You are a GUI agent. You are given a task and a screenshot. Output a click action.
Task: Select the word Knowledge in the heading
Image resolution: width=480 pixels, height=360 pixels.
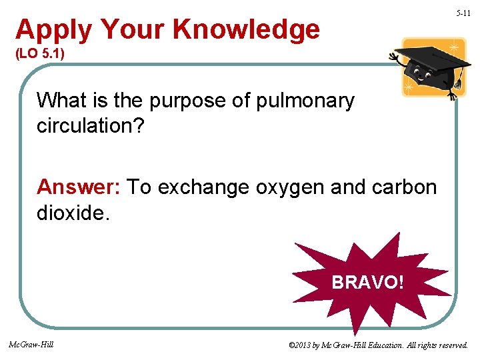tap(246, 30)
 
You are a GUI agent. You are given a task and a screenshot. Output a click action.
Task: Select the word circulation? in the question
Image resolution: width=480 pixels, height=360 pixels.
tap(90, 127)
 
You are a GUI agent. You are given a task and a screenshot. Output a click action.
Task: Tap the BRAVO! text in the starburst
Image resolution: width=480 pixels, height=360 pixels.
tap(367, 282)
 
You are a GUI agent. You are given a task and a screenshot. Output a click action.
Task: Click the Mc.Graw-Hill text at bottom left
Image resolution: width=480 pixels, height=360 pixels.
tap(31, 345)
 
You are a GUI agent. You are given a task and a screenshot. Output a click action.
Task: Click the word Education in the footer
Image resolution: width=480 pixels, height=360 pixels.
tap(383, 345)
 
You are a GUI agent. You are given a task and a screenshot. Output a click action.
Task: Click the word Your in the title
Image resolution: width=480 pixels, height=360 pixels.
tap(133, 30)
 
